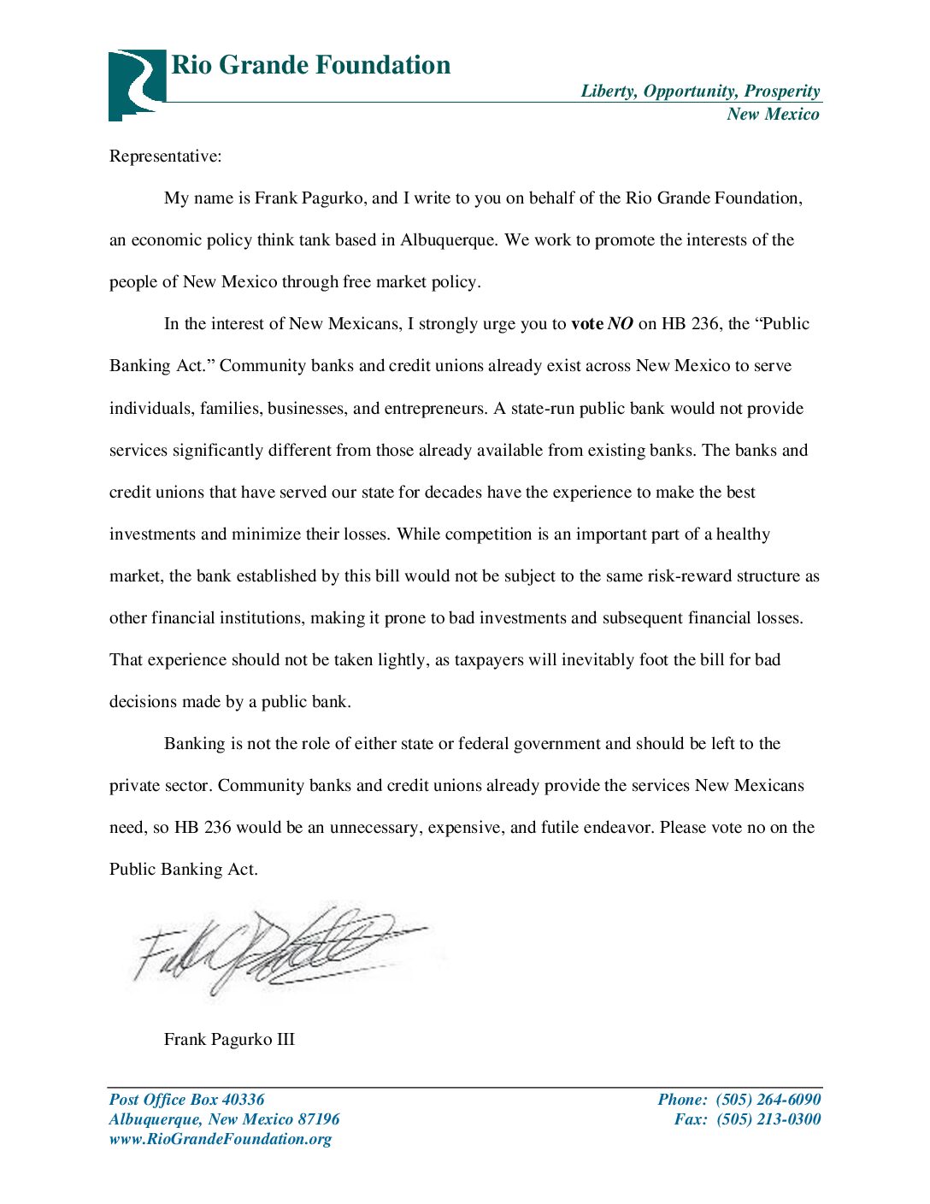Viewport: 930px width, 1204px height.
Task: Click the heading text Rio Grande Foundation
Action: coord(311,65)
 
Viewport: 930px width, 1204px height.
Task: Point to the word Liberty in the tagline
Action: coord(608,91)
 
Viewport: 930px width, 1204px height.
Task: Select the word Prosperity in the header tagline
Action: coord(782,91)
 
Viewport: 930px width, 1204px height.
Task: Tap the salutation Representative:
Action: coord(165,156)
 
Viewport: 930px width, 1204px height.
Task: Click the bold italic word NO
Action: coord(621,324)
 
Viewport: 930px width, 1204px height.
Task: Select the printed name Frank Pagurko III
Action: coord(229,1040)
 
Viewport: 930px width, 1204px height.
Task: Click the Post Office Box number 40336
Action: coord(243,1100)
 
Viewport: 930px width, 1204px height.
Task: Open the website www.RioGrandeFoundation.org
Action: coord(221,1139)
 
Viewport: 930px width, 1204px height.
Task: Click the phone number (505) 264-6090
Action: coord(768,1100)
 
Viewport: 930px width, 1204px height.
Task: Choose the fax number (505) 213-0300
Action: coord(768,1119)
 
